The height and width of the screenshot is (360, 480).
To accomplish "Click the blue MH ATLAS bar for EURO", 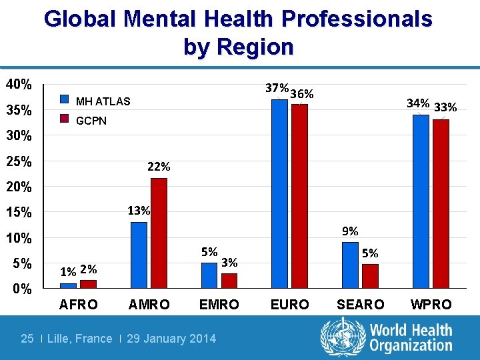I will pos(279,193).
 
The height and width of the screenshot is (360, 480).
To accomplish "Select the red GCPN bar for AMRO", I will pos(159,233).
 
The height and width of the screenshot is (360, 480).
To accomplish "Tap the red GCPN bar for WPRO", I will pos(441,203).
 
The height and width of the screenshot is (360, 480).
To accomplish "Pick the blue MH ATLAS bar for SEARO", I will pos(350,265).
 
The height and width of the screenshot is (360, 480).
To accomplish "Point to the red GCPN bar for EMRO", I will pos(229,281).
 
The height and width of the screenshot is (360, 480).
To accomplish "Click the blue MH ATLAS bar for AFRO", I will pos(68,285).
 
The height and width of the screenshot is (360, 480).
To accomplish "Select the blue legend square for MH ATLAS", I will pos(65,99).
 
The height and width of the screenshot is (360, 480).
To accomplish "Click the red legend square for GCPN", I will pos(65,119).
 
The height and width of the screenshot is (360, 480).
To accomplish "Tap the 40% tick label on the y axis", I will pos(19,85).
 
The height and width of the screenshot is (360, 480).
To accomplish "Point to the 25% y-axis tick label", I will pos(19,162).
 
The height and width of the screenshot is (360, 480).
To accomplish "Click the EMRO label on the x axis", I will pos(219,305).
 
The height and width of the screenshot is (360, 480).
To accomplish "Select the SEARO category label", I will pos(360,305).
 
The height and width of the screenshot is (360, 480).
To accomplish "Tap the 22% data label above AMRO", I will pos(159,167).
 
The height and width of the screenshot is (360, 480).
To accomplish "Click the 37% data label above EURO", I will pos(276,88).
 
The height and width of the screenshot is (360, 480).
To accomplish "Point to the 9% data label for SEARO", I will pos(350,231).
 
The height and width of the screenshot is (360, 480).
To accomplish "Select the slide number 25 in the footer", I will pos(27,339).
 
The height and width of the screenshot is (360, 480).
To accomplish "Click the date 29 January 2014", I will pos(171,339).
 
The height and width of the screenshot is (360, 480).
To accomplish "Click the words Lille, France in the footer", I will pos(80,339).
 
